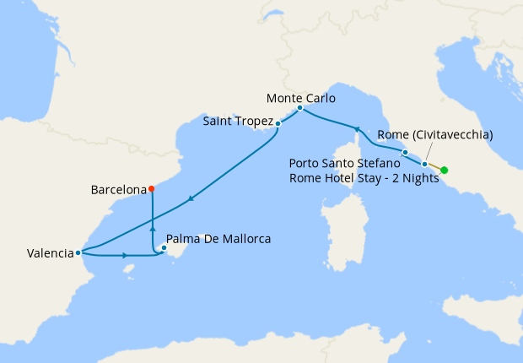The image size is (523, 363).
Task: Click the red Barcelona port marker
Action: (151, 189)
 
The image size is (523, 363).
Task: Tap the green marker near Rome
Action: (445, 171)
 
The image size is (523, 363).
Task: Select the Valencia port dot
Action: (78, 252)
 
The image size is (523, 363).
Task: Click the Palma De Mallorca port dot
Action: (164, 248)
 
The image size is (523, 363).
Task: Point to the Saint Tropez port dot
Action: (278, 124)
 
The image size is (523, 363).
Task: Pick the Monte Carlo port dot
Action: (299, 108)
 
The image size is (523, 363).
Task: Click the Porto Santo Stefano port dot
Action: (405, 152)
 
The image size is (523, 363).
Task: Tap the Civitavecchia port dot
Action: (424, 164)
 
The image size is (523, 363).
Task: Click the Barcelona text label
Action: (118, 190)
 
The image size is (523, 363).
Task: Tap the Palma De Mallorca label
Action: (218, 239)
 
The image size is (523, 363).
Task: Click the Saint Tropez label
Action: (238, 122)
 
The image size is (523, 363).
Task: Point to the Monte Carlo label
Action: (300, 98)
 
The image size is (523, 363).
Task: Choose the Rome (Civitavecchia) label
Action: (435, 134)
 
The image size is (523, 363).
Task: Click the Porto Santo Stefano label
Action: (344, 162)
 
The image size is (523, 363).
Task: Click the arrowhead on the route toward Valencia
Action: (191, 199)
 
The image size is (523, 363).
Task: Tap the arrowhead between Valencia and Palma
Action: (125, 254)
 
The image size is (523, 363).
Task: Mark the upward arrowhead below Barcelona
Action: (153, 228)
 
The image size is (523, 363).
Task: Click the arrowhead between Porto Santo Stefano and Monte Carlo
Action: (357, 129)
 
